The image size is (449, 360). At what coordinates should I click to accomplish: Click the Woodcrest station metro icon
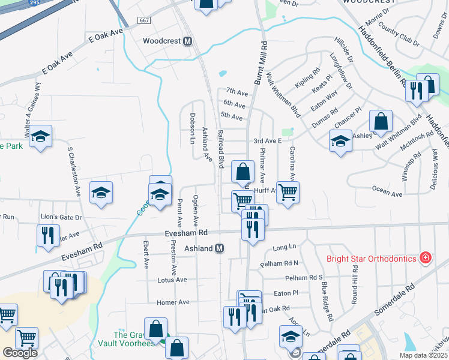(187, 41)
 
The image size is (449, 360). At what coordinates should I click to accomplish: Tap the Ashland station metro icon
(220, 248)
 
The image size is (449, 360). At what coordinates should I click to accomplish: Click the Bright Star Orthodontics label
(371, 259)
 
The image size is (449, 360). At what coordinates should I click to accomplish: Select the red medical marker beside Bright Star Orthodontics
(426, 258)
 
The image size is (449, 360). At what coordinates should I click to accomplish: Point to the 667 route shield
(143, 20)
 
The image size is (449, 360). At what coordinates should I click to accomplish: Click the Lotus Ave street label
(172, 280)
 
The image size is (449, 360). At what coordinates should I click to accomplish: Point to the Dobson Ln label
(193, 128)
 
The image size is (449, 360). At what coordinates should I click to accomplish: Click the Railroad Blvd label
(220, 147)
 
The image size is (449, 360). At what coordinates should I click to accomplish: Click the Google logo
(20, 353)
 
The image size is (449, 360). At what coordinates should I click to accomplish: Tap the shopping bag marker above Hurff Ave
(241, 172)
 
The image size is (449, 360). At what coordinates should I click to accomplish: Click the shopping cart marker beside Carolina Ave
(288, 192)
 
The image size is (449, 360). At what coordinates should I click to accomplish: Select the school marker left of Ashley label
(340, 142)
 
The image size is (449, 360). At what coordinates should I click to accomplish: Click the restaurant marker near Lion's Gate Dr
(48, 234)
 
